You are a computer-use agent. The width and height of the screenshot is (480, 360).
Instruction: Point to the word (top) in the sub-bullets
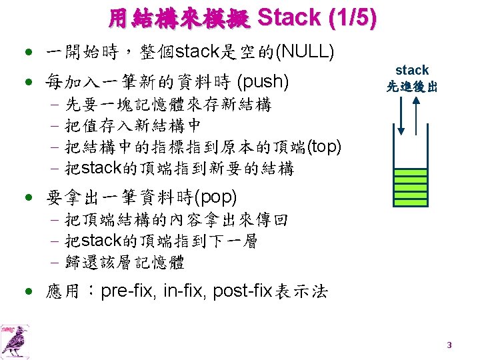pos(324,147)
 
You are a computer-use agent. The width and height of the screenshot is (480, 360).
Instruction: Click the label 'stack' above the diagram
pos(412,70)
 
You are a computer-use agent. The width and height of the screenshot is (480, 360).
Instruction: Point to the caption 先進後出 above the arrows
pos(412,86)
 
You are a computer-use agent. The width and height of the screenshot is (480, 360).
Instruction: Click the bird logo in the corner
pos(14,339)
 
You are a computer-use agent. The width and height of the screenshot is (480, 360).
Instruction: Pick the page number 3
pos(449,345)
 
